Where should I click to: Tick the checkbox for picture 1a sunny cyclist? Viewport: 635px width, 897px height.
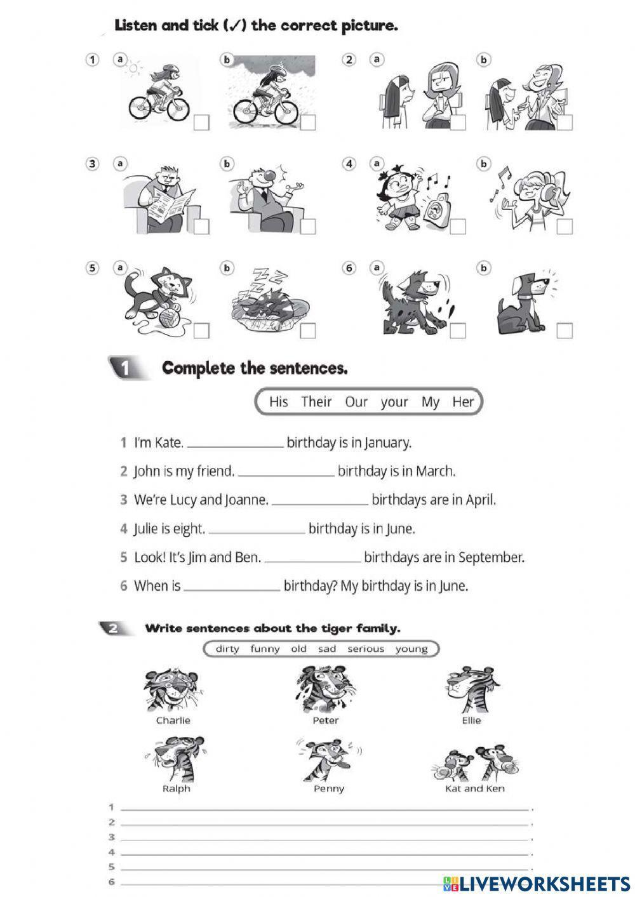click(x=201, y=123)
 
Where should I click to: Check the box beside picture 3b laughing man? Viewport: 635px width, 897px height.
click(x=308, y=227)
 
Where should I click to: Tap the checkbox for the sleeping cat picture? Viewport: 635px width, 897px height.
click(x=308, y=331)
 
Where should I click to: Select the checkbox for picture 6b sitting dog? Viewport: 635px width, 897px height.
click(x=564, y=331)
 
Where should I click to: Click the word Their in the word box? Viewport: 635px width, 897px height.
click(x=316, y=402)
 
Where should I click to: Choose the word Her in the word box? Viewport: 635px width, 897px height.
click(x=463, y=402)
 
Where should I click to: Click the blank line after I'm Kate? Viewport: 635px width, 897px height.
click(x=236, y=444)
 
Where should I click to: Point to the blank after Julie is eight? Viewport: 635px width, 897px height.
click(x=257, y=529)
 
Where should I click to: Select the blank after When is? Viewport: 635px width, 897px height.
click(x=232, y=587)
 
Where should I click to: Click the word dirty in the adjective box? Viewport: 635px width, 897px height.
click(x=227, y=649)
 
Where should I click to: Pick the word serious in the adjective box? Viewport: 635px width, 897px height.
click(x=365, y=649)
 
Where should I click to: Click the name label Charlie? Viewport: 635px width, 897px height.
click(x=173, y=721)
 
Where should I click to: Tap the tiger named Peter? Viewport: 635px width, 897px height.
click(x=325, y=689)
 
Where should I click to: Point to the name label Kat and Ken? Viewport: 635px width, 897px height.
click(x=475, y=788)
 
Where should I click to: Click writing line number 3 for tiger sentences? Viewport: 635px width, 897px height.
click(x=324, y=839)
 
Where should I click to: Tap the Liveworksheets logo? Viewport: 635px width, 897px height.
click(x=537, y=883)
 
